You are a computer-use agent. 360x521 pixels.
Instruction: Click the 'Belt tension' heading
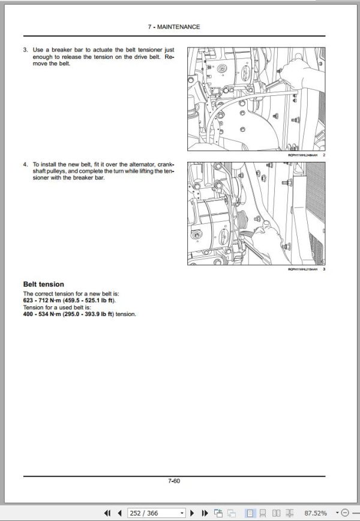point(43,284)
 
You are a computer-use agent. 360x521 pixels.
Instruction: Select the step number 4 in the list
point(25,164)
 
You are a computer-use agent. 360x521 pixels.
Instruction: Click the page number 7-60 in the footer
point(174,480)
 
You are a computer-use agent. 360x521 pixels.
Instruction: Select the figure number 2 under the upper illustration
point(323,155)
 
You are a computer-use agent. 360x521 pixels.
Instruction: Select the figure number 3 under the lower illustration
point(323,269)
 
